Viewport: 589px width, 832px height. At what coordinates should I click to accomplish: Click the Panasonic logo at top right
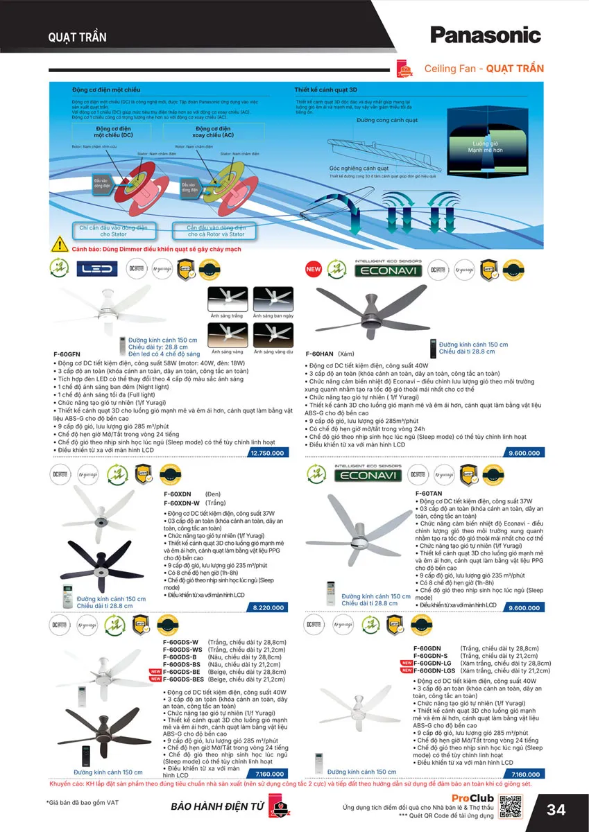click(x=485, y=34)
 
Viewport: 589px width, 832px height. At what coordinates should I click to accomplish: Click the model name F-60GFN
click(x=67, y=354)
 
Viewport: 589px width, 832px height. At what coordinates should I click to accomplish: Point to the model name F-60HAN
click(x=321, y=354)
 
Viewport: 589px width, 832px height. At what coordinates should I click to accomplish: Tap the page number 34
click(x=556, y=810)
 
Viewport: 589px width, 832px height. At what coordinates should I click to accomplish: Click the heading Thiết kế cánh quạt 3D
click(x=325, y=90)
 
